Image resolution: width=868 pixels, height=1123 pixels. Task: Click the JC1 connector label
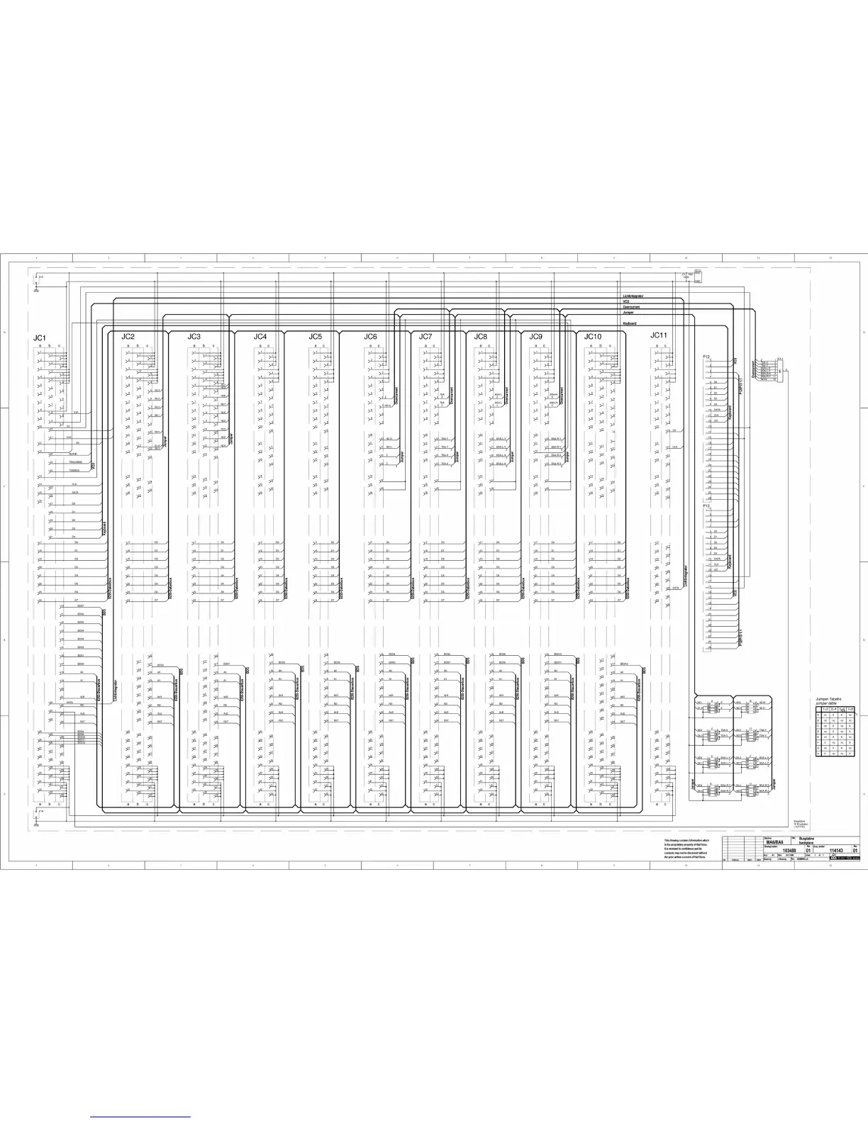[x=39, y=338]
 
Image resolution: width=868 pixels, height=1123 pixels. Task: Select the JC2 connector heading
[x=128, y=336]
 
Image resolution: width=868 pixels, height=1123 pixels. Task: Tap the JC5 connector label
[x=315, y=336]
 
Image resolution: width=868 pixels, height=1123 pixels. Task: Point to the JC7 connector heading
[x=425, y=336]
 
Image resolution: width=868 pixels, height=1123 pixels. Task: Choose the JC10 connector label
[x=593, y=336]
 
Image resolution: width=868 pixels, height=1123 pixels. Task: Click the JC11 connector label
[x=659, y=335]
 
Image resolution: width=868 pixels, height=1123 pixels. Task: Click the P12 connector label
[x=706, y=356]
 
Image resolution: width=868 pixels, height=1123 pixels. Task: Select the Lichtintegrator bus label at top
[x=633, y=296]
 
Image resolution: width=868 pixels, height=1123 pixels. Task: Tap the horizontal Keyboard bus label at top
[x=630, y=323]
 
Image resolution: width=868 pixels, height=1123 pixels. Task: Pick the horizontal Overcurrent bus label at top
[x=631, y=307]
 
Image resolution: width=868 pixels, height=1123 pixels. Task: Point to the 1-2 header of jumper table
[x=825, y=709]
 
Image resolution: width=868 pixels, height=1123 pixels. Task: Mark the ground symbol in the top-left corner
[x=36, y=290]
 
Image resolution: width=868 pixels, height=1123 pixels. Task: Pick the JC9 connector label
[x=535, y=336]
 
